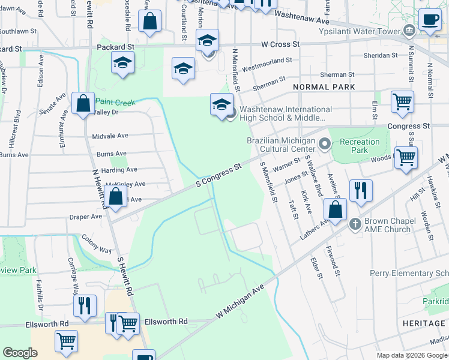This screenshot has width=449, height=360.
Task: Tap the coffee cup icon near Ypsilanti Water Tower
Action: (430, 19)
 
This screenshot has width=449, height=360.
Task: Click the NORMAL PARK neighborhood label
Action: (324, 87)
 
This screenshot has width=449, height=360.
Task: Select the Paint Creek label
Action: (115, 103)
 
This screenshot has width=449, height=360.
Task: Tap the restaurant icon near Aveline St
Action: (360, 190)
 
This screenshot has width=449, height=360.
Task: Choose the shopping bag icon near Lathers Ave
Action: (336, 210)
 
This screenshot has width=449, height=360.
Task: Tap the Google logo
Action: (20, 353)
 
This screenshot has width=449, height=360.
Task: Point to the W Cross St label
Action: (280, 44)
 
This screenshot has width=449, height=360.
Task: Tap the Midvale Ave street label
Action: (110, 136)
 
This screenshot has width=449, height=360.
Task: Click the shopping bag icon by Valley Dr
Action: (83, 103)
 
